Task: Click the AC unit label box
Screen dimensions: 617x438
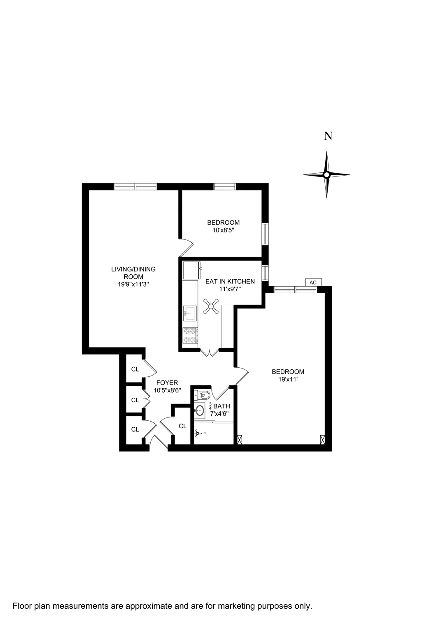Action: [x=313, y=283]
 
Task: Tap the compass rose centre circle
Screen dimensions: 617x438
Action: [x=326, y=175]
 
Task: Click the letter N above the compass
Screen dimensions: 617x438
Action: [x=328, y=136]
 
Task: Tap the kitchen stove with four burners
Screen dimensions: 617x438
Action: [x=190, y=335]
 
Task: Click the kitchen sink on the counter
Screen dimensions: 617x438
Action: [x=190, y=313]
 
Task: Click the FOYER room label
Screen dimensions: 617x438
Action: [x=167, y=383]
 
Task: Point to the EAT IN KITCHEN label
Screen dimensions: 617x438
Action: [x=230, y=282]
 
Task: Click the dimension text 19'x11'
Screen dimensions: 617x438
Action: [x=288, y=380]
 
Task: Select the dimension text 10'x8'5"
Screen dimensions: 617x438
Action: [x=223, y=230]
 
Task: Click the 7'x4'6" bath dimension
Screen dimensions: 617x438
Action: [x=220, y=414]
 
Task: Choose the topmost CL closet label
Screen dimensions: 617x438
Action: [x=135, y=369]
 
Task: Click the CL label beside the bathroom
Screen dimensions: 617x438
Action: [x=183, y=427]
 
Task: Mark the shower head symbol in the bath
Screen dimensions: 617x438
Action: [x=198, y=433]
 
